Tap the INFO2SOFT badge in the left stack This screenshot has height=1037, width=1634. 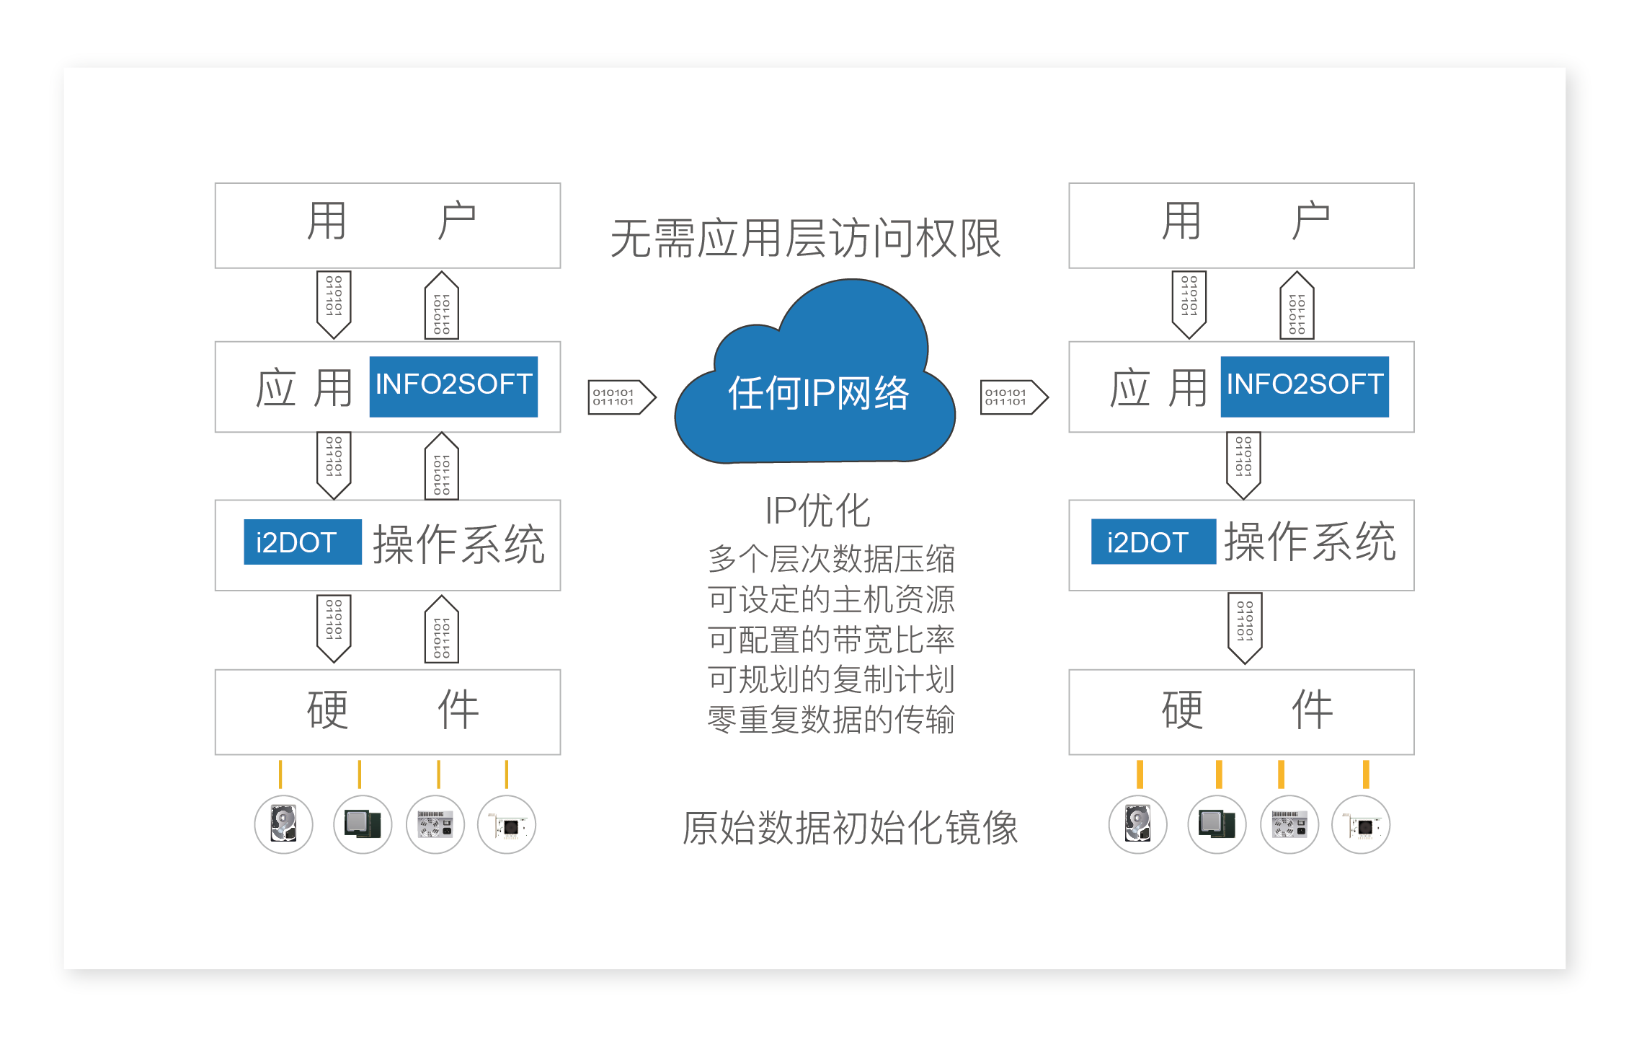pos(453,387)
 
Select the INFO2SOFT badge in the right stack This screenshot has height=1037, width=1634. pos(1305,387)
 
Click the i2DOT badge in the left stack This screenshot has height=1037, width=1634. pos(303,542)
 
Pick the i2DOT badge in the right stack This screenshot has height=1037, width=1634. pos(1153,542)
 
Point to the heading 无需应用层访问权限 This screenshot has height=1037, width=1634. pos(806,238)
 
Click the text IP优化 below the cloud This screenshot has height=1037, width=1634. pos(817,511)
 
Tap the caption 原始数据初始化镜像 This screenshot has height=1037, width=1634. pos(850,827)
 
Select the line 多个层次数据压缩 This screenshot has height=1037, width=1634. pos(831,559)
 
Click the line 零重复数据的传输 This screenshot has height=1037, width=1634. pos(831,720)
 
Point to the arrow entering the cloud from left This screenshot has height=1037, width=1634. pos(622,397)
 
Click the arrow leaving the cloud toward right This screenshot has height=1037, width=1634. pos(1014,397)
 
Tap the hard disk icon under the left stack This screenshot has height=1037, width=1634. pos(283,824)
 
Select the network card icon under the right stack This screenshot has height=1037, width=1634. pos(1361,824)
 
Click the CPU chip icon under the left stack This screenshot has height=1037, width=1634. pos(363,824)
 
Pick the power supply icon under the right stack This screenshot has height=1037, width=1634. pos(1289,824)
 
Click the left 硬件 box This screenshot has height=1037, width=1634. pos(388,712)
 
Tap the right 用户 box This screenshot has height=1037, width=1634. pos(1241,225)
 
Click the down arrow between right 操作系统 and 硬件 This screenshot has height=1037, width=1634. pos(1245,628)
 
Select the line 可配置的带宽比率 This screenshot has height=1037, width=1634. pos(831,640)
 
